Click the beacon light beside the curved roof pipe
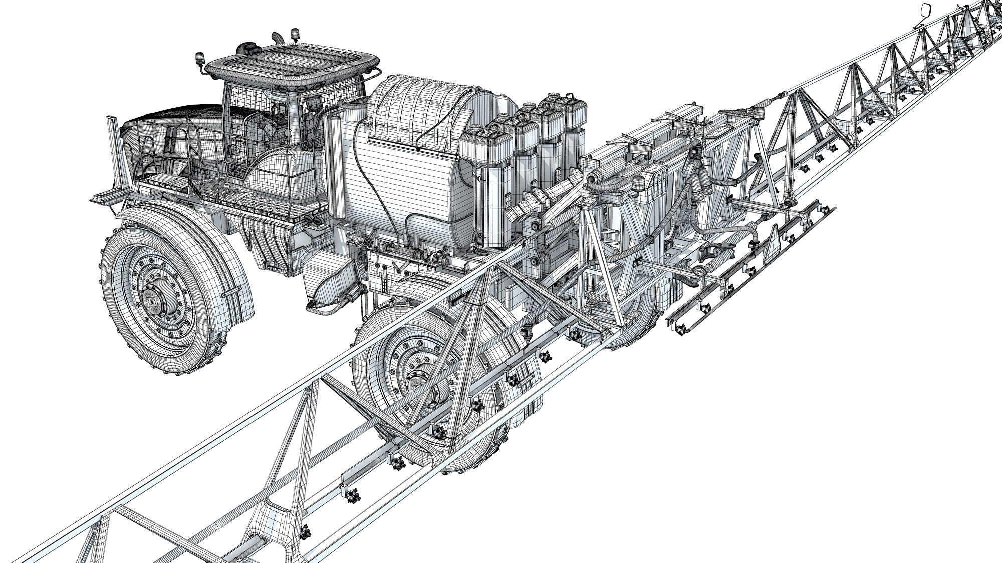click(295, 35)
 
